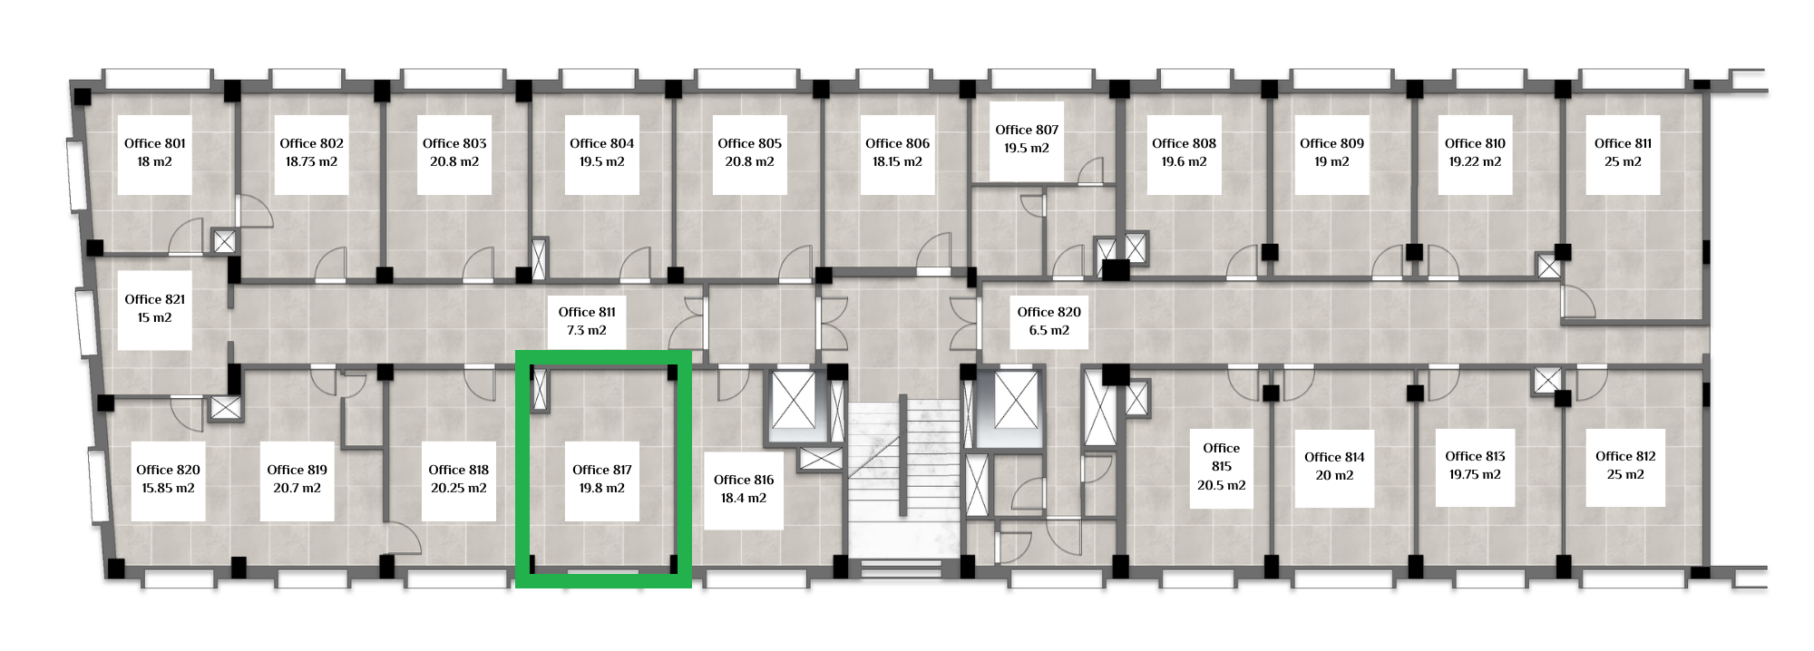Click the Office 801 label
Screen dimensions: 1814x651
click(x=155, y=143)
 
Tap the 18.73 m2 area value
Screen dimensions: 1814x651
click(x=311, y=161)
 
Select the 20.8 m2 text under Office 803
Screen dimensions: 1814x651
click(x=454, y=161)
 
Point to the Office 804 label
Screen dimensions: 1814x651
click(x=601, y=143)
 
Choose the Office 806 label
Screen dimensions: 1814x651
click(x=897, y=143)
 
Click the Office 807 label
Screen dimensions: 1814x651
click(x=1027, y=130)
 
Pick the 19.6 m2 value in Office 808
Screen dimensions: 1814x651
click(x=1184, y=161)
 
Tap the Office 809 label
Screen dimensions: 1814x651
click(x=1331, y=143)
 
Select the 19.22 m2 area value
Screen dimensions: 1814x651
click(x=1475, y=161)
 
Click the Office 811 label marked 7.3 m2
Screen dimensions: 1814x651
click(x=587, y=312)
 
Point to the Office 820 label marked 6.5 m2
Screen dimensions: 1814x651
click(x=1049, y=312)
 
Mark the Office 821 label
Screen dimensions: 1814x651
click(x=155, y=299)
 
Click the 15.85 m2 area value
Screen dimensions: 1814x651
click(x=168, y=488)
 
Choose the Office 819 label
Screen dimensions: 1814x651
click(x=297, y=470)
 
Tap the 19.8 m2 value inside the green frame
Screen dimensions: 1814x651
click(x=602, y=488)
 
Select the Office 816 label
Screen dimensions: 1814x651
click(x=744, y=480)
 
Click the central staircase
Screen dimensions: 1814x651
click(x=902, y=481)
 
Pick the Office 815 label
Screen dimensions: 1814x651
click(x=1222, y=457)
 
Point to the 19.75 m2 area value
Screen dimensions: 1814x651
click(x=1475, y=474)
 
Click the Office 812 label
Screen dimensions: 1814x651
click(x=1625, y=456)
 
